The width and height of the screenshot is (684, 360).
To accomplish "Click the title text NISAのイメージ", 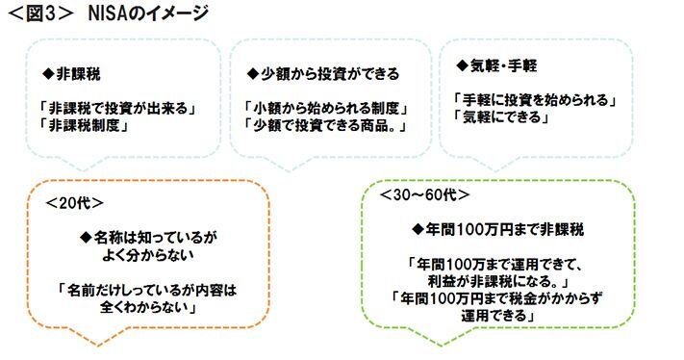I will tap(145, 13).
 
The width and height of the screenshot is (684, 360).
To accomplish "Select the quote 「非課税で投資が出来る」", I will tap(116, 108).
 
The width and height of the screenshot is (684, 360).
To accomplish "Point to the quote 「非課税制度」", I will tap(82, 125).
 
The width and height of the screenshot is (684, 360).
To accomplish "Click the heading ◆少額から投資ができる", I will tap(321, 74).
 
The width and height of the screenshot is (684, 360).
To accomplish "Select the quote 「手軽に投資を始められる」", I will tap(534, 99).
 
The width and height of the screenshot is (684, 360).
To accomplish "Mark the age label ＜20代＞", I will tap(74, 203).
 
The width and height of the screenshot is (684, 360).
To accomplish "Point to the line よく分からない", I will tap(153, 256).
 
